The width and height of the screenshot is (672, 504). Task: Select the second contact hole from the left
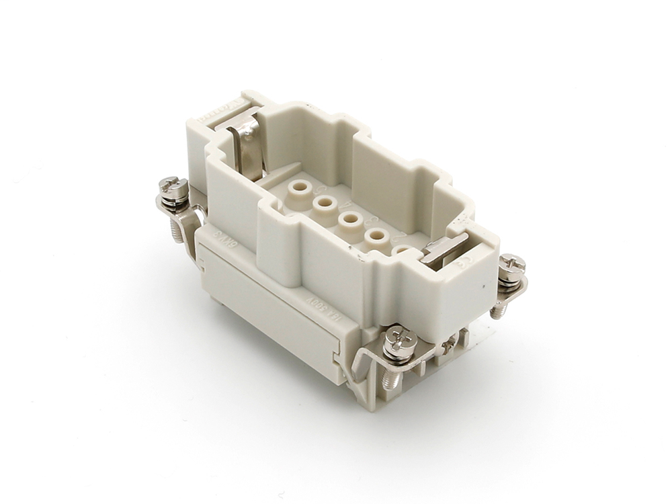pos(323,203)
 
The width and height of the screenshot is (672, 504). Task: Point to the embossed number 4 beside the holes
pos(347,205)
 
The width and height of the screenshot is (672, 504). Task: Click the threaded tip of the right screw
pos(498,310)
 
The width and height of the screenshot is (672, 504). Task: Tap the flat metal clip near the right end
pos(444,250)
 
